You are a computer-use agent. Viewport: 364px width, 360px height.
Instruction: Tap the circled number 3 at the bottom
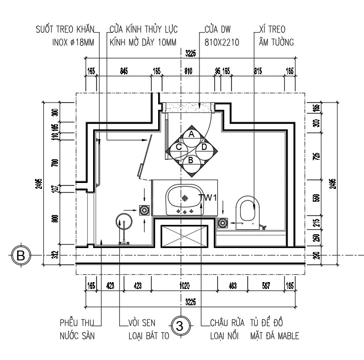coord(180,325)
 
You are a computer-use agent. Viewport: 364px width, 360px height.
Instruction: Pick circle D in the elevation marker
coord(203,146)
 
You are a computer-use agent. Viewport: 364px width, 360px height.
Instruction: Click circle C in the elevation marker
coord(179,146)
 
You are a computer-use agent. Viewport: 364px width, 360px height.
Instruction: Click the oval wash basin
coord(184,198)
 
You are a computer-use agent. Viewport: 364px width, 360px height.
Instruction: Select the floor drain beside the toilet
coord(223,223)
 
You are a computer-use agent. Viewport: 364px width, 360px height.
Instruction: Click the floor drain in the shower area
coord(145,210)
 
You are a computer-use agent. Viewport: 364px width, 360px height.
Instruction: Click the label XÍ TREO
coord(272,30)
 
